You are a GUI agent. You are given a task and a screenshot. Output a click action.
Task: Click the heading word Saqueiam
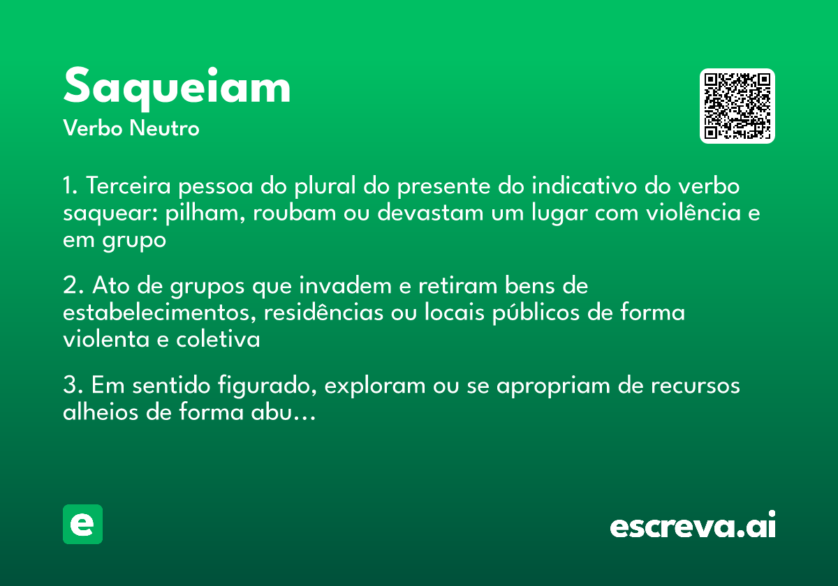click(x=177, y=87)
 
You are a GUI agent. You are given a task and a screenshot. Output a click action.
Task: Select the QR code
click(x=737, y=106)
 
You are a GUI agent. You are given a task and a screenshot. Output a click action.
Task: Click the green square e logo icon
click(x=82, y=524)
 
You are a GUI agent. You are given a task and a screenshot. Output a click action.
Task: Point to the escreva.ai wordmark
click(x=693, y=527)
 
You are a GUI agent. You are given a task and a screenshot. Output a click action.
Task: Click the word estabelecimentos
click(x=159, y=313)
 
